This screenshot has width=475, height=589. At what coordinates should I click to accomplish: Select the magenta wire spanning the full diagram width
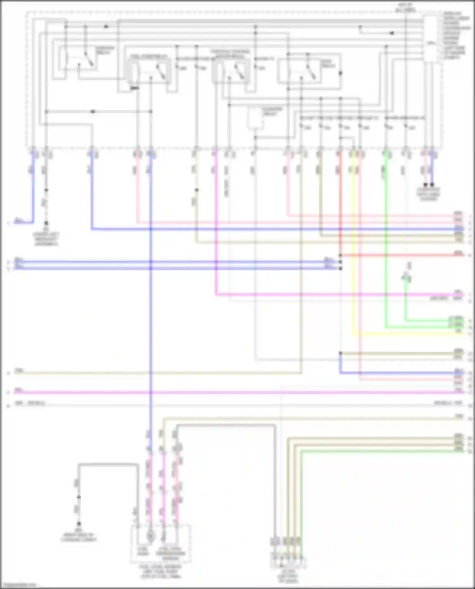click(x=222, y=393)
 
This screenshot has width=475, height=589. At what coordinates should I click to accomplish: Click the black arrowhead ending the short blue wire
click(x=432, y=185)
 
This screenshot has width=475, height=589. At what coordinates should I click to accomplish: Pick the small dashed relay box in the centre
click(x=255, y=119)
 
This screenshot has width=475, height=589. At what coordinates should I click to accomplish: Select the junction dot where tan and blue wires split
click(x=340, y=353)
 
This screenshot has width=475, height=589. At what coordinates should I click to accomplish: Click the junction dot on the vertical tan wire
click(x=197, y=190)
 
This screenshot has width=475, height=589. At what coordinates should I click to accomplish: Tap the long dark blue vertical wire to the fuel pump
click(x=151, y=316)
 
